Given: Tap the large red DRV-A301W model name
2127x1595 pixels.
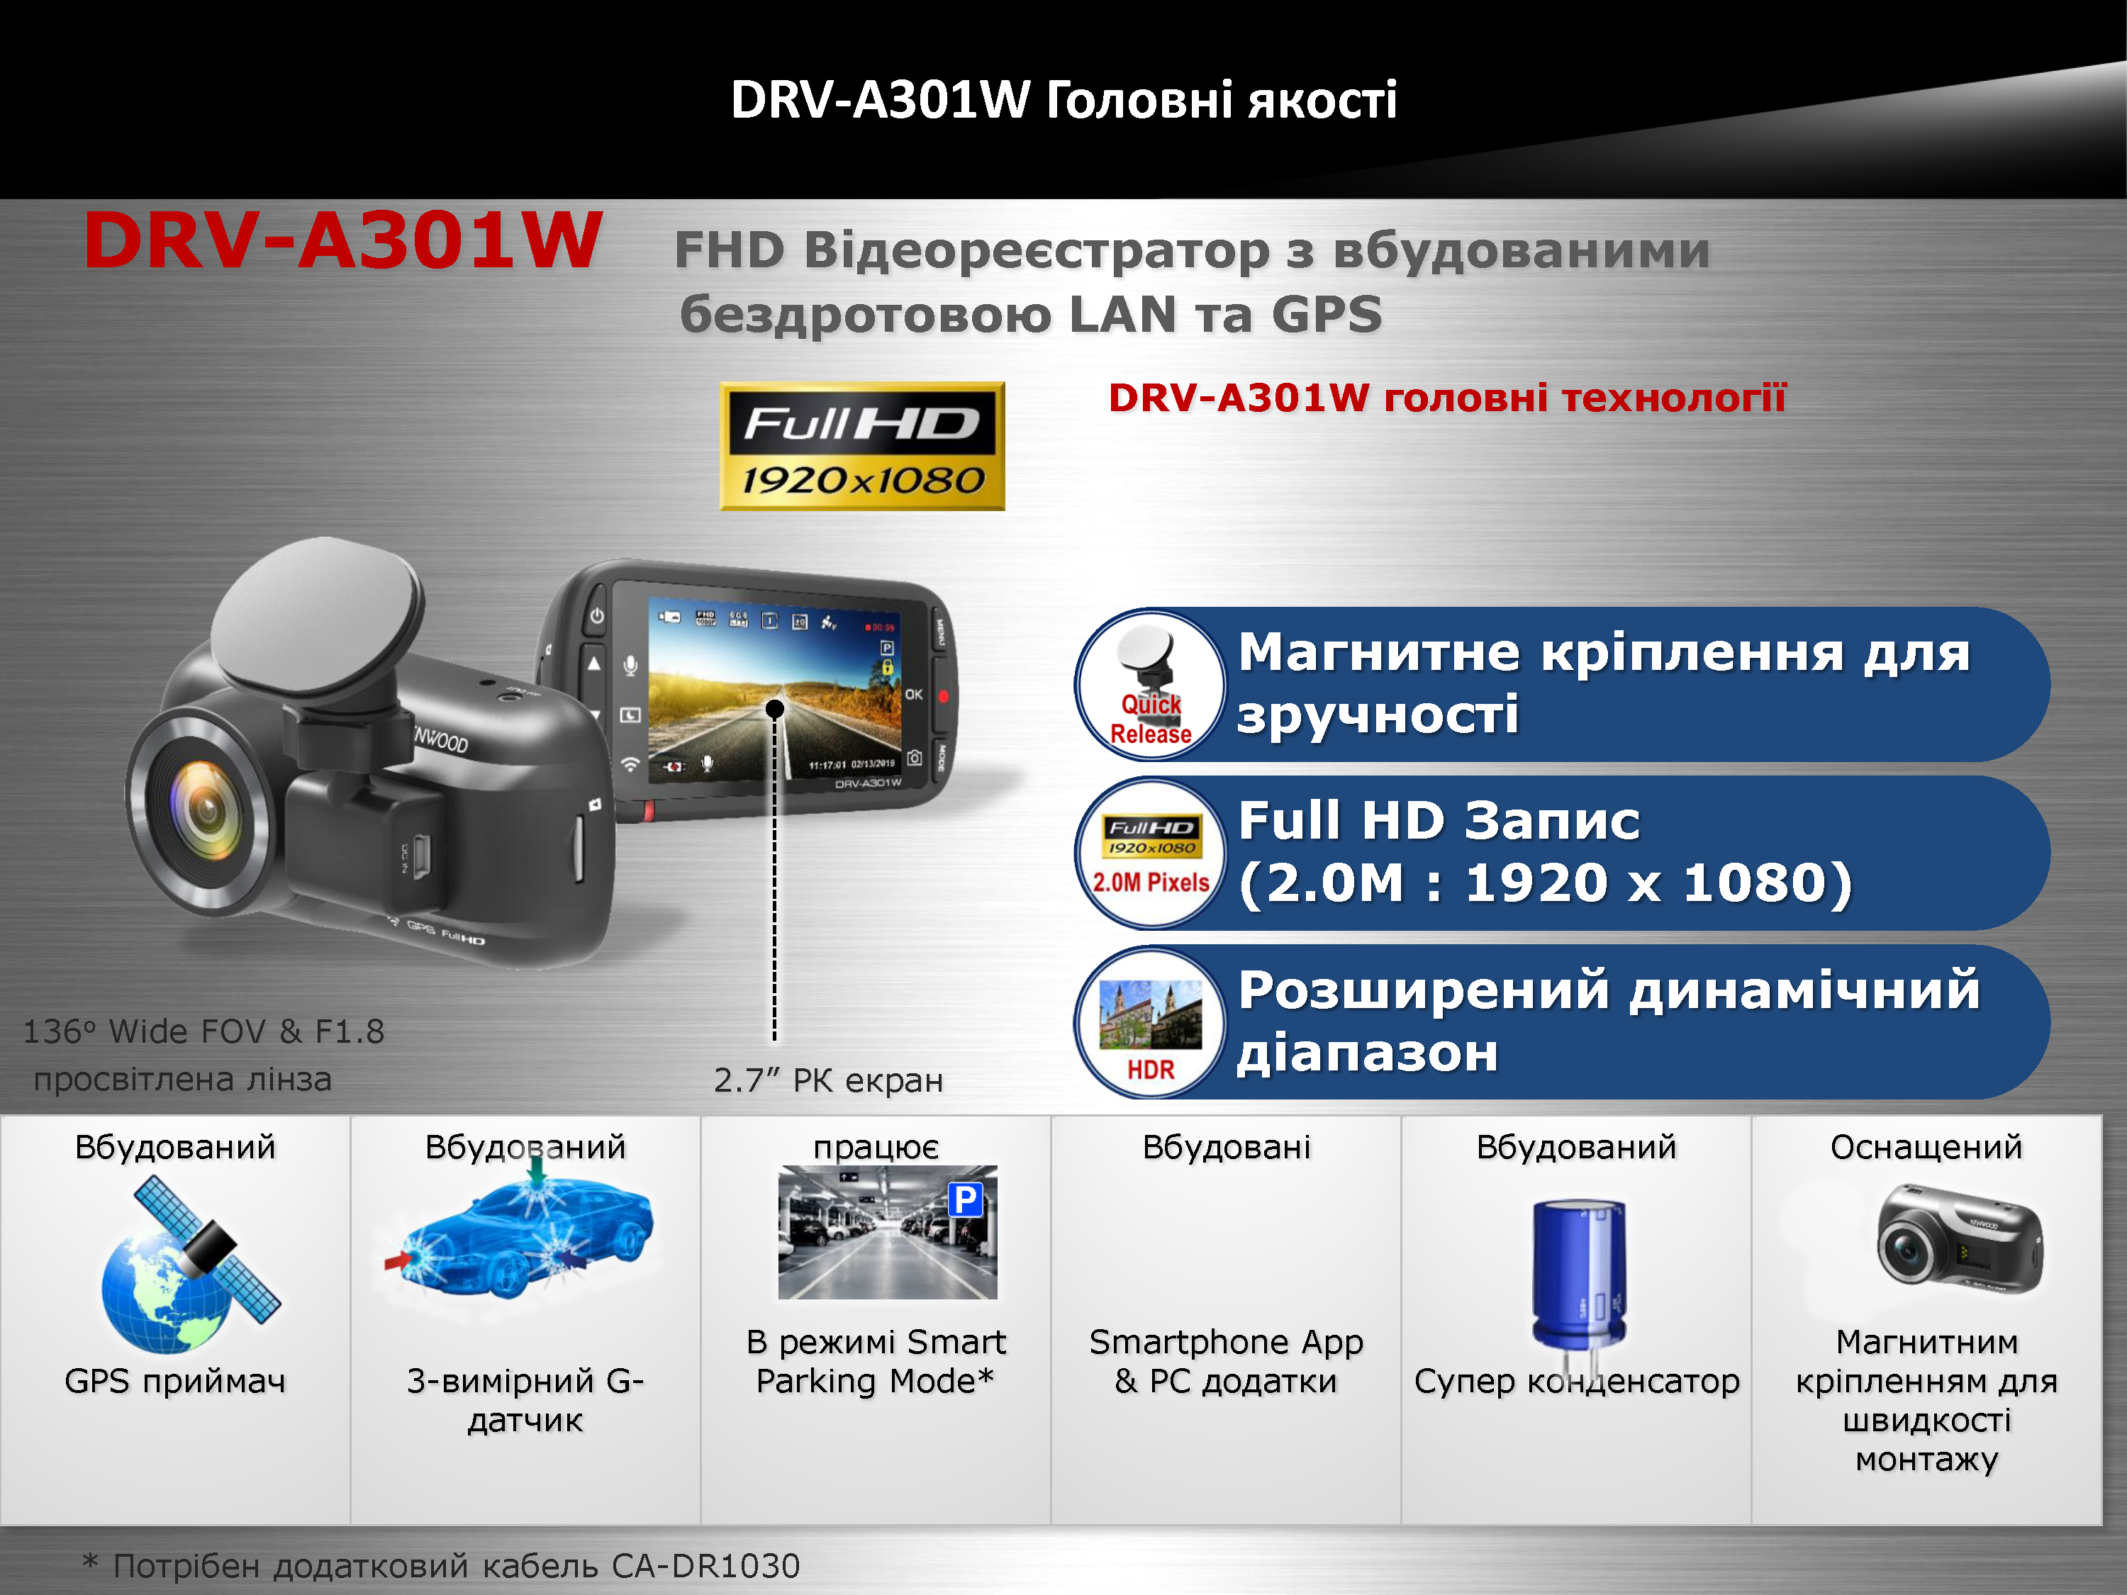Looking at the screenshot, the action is click(343, 240).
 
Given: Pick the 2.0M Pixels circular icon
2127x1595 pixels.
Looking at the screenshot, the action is click(1150, 854).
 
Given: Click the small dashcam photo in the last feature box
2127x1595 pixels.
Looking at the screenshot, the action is click(1959, 1236).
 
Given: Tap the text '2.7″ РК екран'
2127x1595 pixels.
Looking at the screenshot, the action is click(828, 1080).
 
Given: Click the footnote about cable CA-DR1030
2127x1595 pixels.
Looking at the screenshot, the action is click(442, 1566).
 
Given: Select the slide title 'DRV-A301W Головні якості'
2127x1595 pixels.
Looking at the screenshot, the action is click(1063, 100).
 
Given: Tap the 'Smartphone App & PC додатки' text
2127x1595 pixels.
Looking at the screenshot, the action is click(1226, 1360).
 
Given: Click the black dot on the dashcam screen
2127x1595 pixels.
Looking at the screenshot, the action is click(774, 709).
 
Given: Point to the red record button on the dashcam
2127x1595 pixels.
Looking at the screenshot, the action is click(942, 696).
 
